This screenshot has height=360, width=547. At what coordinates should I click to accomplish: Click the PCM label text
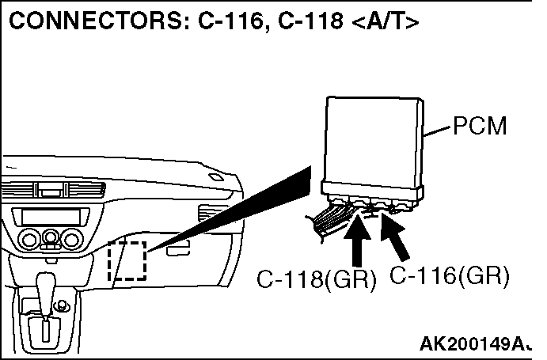(481, 127)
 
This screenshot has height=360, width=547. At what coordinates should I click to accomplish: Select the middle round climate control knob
(51, 237)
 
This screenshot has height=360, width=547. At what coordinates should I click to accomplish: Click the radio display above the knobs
(49, 216)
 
